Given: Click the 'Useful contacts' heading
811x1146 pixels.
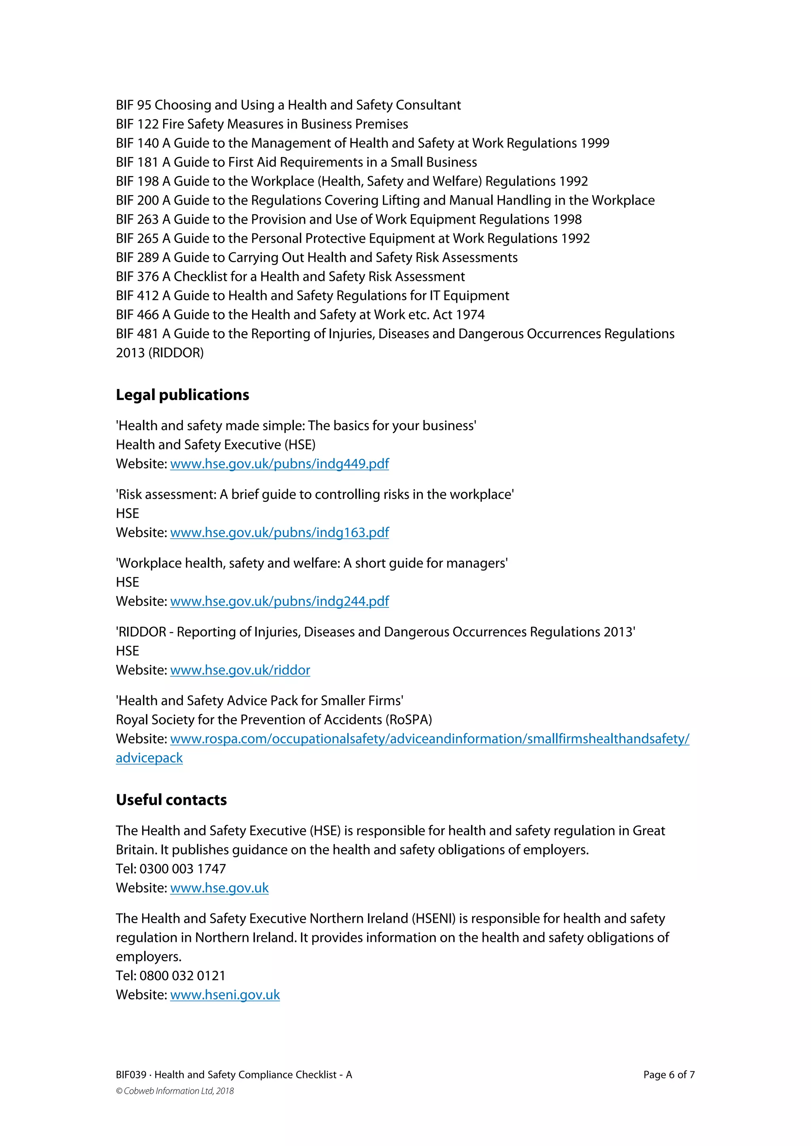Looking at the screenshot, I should [171, 800].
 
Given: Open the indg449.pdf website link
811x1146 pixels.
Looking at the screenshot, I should [279, 464].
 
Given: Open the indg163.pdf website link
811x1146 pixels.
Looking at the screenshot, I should [279, 533].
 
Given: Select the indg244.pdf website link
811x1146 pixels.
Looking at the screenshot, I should [279, 601].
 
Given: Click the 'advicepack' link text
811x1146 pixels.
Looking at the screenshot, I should [149, 758].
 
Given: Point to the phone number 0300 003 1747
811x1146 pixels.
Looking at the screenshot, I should [183, 869].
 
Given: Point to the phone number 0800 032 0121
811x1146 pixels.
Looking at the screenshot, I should [183, 975].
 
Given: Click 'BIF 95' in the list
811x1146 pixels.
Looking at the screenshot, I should [133, 105].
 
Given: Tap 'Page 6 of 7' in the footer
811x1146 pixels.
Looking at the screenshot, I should [669, 1075].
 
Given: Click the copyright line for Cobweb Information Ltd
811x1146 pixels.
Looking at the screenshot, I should [175, 1091].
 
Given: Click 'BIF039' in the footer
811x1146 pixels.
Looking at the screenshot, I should [131, 1075].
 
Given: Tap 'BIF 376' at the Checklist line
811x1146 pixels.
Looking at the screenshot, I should [137, 277].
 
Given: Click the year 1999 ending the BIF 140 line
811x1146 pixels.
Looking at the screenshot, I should [595, 143].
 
